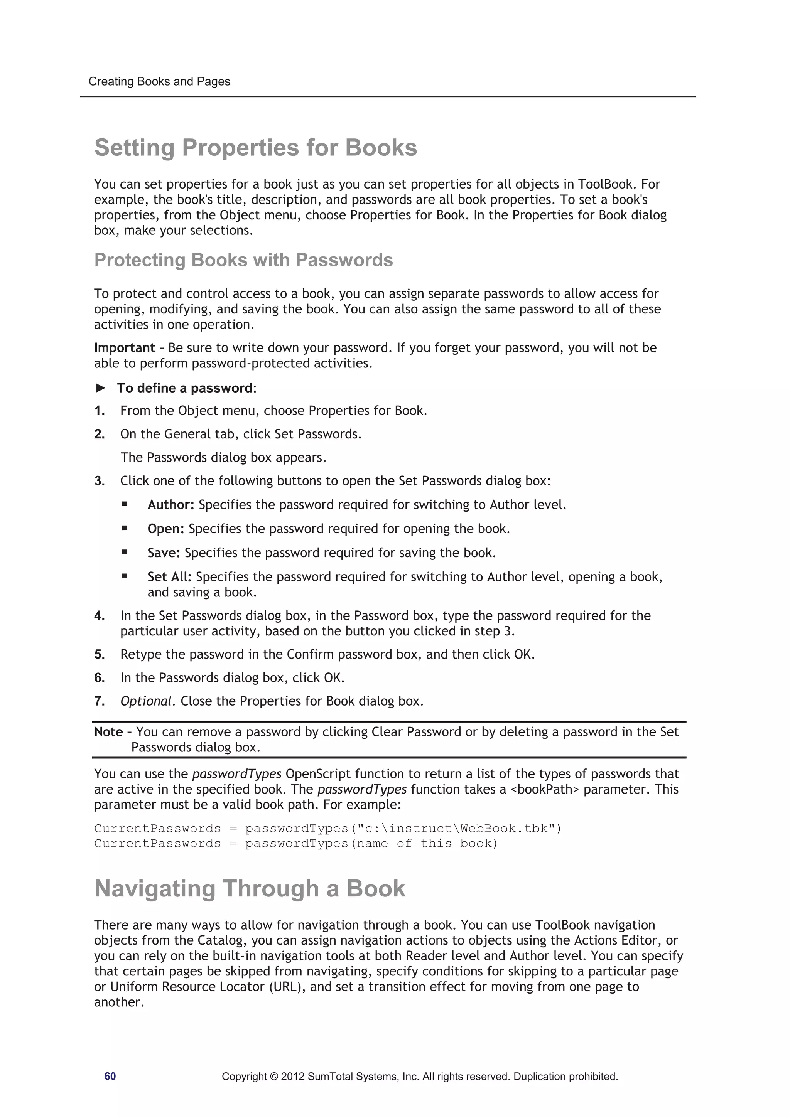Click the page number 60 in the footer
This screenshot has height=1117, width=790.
110,1076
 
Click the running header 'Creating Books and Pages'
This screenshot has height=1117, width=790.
159,81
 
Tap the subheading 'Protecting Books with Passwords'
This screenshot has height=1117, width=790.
243,260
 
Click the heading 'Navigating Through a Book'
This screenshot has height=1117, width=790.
250,888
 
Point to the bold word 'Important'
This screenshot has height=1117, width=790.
125,348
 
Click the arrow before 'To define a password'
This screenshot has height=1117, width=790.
100,388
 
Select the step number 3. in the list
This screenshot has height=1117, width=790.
99,481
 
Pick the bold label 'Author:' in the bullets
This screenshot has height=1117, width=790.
171,505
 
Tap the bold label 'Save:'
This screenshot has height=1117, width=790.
164,553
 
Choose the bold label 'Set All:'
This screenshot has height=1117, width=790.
169,576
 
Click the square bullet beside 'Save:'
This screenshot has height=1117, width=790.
125,552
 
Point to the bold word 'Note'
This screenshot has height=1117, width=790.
108,732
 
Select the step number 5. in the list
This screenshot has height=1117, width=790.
99,654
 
